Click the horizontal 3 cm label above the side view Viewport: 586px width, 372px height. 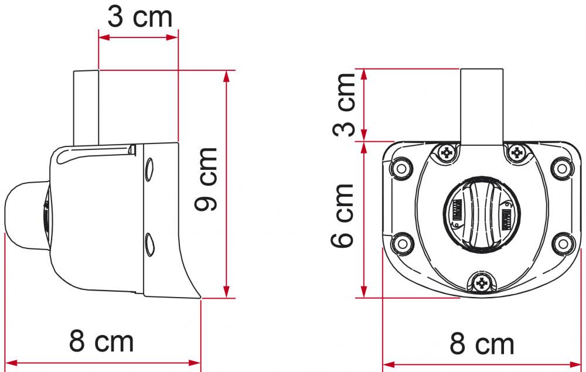[140, 17]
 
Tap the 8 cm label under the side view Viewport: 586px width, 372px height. [101, 340]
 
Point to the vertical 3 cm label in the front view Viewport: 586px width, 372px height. [345, 105]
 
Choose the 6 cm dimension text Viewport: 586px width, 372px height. [345, 215]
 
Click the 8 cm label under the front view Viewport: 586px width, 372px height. [482, 344]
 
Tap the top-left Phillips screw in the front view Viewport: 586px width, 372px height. [447, 153]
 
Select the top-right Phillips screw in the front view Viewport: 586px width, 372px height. [516, 153]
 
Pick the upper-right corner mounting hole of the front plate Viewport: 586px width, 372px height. [561, 168]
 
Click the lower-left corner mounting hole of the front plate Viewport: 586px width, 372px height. [402, 241]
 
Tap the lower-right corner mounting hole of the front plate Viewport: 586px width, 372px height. [561, 241]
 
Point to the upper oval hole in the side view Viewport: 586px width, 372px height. [149, 169]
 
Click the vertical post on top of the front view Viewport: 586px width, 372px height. [481, 105]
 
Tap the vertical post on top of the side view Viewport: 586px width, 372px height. [86, 107]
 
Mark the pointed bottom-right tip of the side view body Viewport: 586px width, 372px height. [199, 297]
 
